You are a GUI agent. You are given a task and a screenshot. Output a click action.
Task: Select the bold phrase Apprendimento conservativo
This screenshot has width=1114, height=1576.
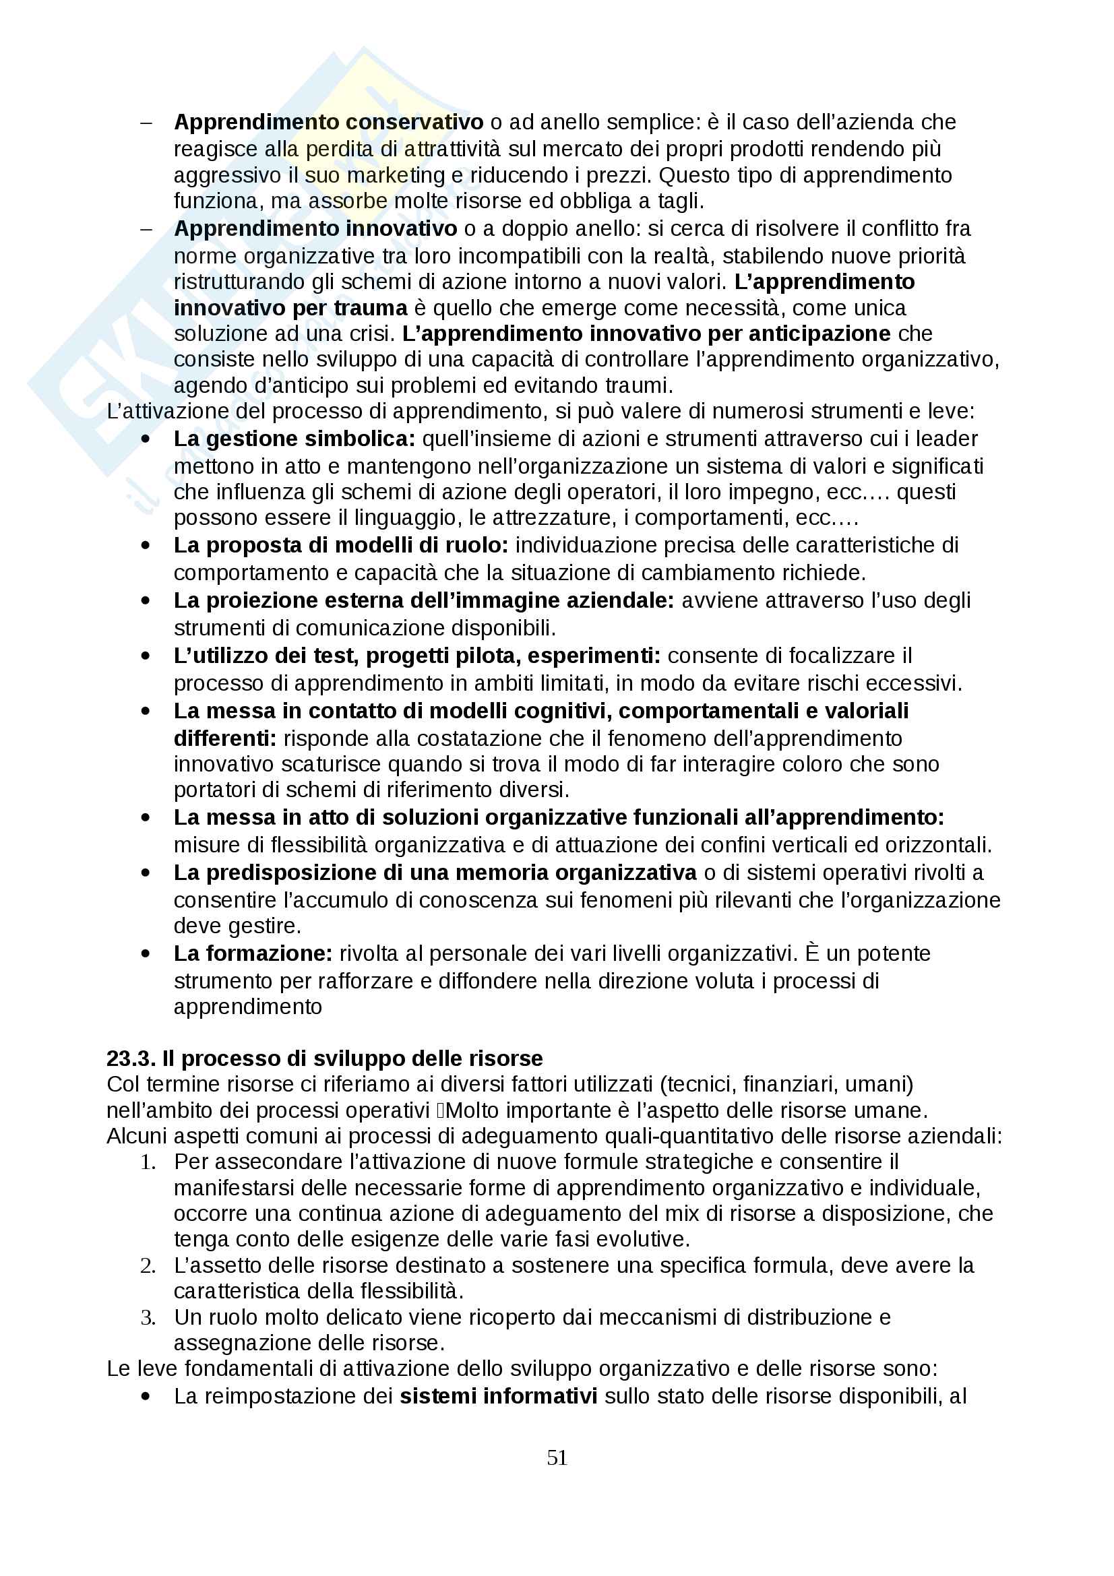click(x=328, y=122)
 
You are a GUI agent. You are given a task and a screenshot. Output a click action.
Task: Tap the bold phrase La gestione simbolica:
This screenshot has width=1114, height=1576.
click(x=295, y=439)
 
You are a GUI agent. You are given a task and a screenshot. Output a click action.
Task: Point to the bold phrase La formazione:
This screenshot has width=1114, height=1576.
click(x=253, y=953)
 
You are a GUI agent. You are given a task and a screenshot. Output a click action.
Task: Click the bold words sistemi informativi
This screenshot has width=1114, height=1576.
click(x=498, y=1395)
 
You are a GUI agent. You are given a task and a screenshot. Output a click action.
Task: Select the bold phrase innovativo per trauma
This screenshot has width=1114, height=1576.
click(x=290, y=307)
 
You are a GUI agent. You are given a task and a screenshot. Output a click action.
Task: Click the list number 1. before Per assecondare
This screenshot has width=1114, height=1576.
click(x=148, y=1162)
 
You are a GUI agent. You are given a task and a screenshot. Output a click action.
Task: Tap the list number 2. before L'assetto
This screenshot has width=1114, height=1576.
click(x=148, y=1265)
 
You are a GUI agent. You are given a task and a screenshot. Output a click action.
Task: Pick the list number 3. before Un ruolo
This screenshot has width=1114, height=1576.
click(x=148, y=1317)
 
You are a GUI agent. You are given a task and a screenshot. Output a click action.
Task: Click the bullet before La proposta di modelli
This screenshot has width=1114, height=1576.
click(x=146, y=546)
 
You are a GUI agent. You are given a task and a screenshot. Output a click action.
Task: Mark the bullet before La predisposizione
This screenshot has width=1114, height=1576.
click(x=146, y=873)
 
